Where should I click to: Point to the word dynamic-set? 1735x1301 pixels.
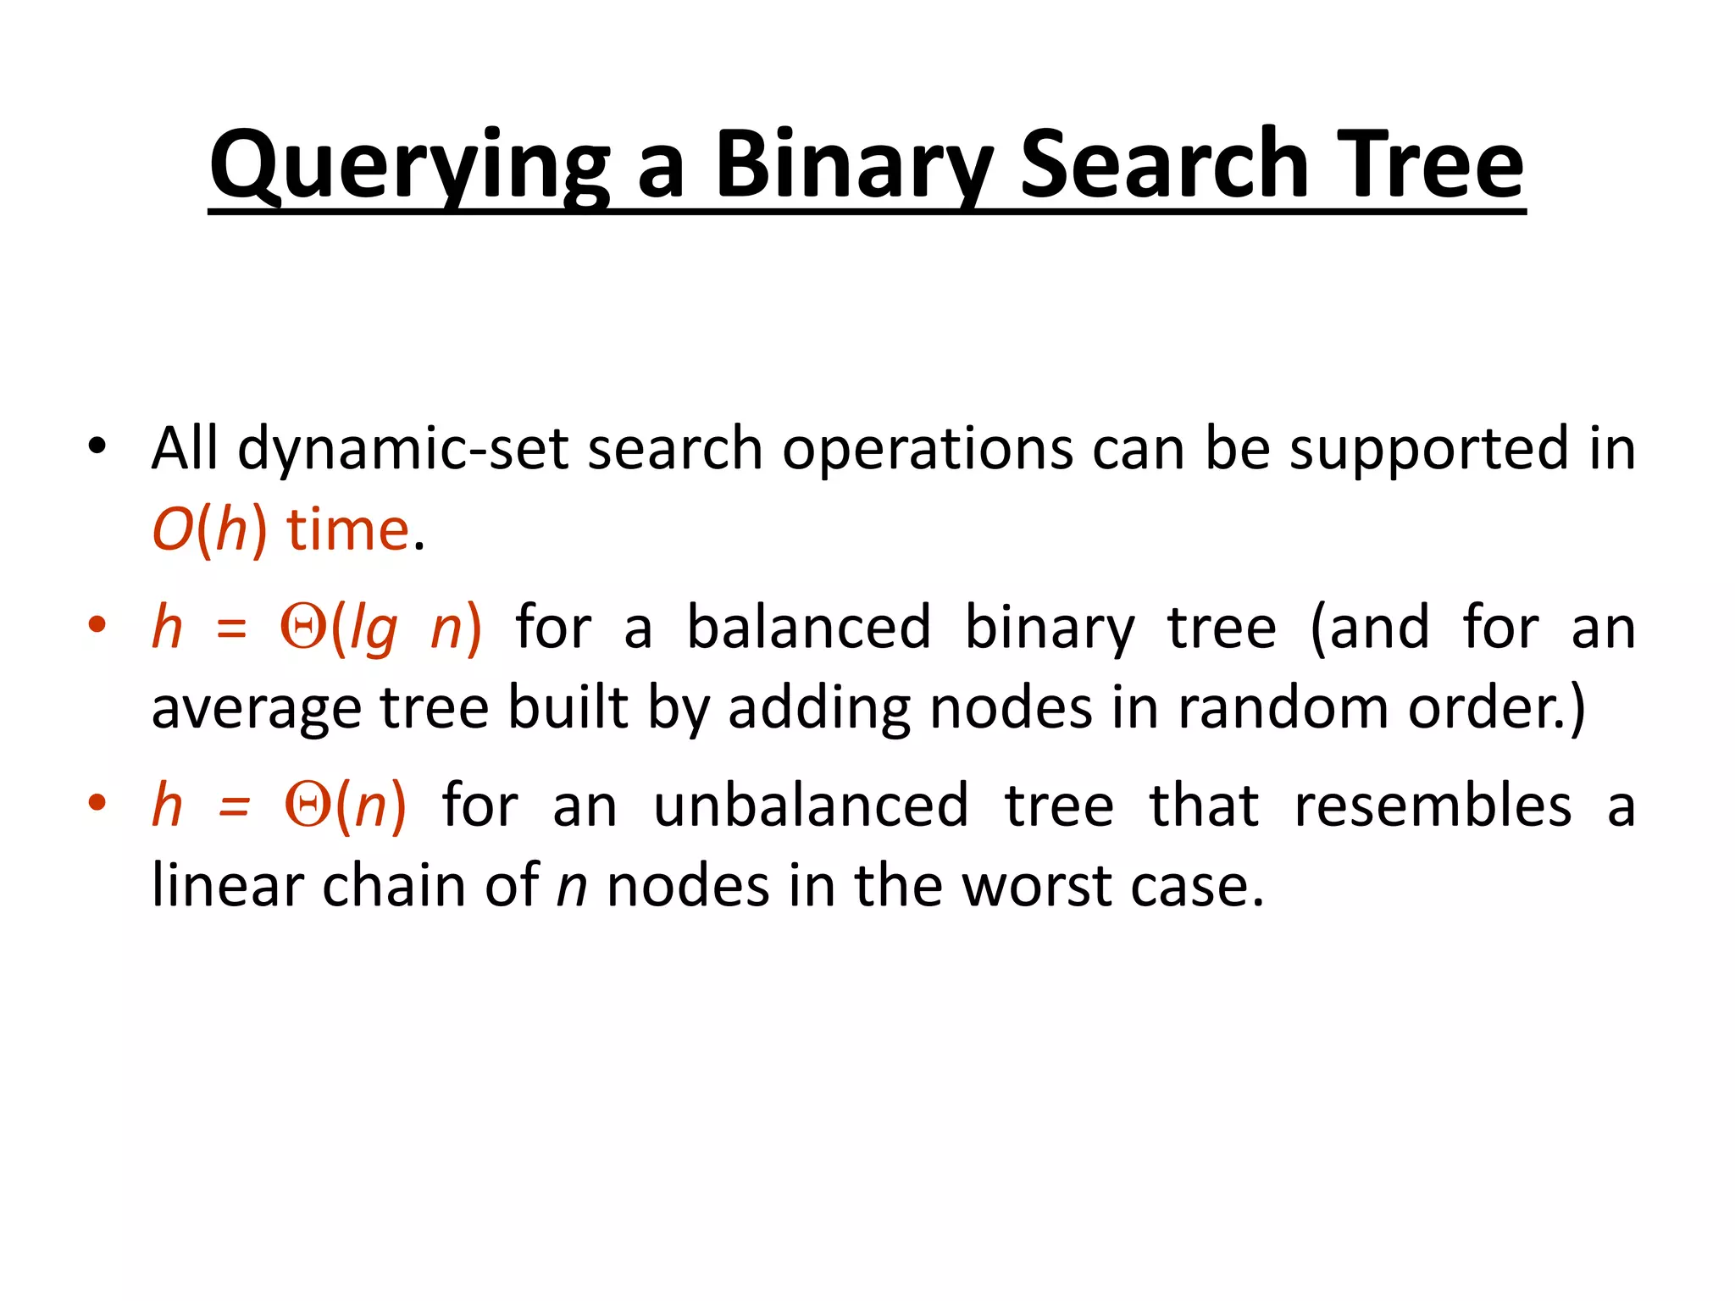[x=403, y=449]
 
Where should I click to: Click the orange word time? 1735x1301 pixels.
[x=348, y=530]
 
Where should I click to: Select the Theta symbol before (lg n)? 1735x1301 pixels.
[x=303, y=628]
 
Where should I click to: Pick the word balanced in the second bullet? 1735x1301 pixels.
[x=808, y=628]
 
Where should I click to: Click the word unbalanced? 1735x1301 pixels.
[x=811, y=806]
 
